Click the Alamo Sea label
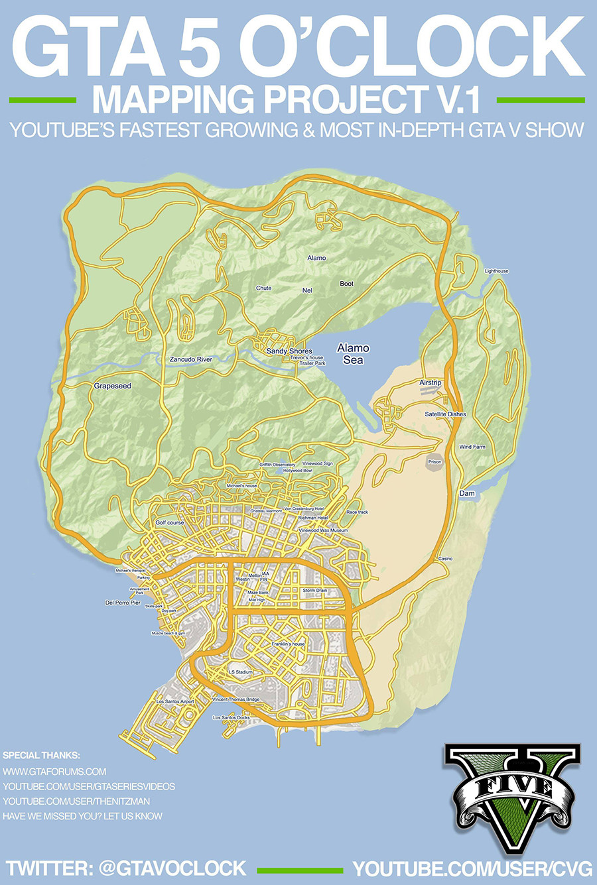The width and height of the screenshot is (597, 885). tap(353, 354)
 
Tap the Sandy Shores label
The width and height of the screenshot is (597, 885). tap(289, 351)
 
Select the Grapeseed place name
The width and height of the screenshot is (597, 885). tap(113, 386)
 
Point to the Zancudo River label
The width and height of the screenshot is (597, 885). tap(191, 359)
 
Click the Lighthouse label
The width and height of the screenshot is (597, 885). tap(496, 271)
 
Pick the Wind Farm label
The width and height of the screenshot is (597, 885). tap(472, 447)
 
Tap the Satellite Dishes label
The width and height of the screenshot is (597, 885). tap(445, 414)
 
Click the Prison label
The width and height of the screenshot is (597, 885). tap(434, 462)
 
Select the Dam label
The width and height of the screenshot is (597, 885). tap(467, 494)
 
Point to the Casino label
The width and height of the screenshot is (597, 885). tap(445, 559)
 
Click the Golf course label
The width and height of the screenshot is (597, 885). tap(170, 523)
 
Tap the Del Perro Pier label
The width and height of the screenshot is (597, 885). tap(123, 603)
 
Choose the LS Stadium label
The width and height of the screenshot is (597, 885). tap(241, 672)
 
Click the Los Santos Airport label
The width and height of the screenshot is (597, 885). tap(175, 701)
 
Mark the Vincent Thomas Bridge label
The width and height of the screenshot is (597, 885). tap(236, 699)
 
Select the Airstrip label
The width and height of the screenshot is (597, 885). tap(431, 383)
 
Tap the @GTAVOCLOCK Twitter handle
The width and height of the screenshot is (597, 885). tap(172, 868)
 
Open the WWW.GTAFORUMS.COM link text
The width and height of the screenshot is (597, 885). tap(54, 772)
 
